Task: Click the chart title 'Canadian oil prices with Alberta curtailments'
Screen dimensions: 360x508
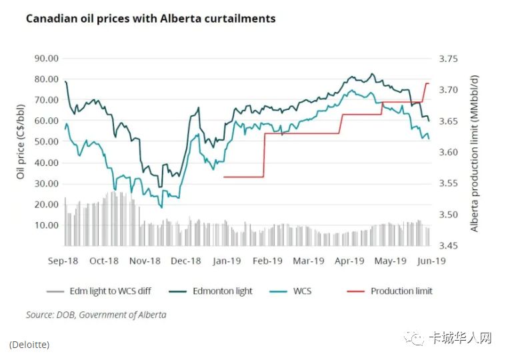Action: point(150,19)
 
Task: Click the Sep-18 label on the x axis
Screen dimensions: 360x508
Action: point(64,261)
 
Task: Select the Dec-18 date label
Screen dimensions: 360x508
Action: point(187,261)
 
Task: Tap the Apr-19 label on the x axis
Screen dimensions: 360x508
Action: point(349,261)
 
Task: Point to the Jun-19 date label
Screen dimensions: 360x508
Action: point(431,261)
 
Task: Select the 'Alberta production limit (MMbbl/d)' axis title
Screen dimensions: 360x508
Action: point(475,153)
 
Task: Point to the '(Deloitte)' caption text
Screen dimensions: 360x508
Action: point(29,345)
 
